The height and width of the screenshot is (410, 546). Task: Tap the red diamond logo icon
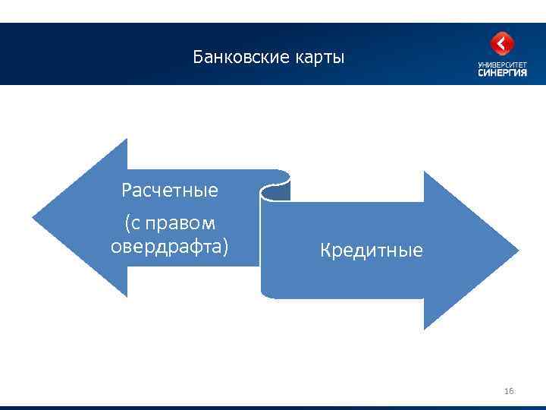(x=502, y=44)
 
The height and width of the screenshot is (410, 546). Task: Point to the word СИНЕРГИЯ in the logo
(x=502, y=73)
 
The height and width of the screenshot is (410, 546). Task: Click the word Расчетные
(x=170, y=191)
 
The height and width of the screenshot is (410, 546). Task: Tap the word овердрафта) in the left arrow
(x=169, y=247)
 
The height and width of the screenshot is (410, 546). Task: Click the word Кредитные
(x=372, y=250)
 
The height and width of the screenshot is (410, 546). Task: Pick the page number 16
(x=508, y=391)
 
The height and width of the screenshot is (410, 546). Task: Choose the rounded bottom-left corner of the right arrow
(x=265, y=294)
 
